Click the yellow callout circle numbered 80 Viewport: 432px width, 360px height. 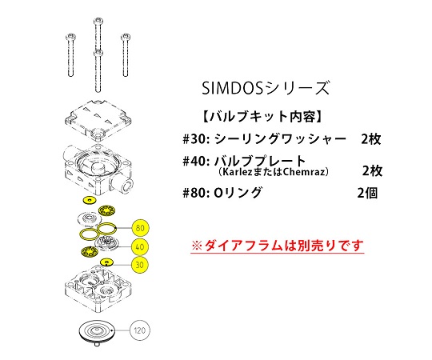point(140,228)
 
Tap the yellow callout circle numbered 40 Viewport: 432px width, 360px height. point(140,246)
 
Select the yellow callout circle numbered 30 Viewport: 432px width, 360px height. point(140,265)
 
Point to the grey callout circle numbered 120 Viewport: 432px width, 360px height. point(140,330)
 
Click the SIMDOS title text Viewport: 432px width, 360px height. point(266,88)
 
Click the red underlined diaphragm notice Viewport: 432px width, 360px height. point(278,246)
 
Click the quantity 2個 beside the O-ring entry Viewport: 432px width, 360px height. point(367,193)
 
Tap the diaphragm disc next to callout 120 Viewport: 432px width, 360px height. point(97,331)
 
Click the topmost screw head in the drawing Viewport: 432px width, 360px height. point(98,22)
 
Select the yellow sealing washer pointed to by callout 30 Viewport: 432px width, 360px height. point(106,262)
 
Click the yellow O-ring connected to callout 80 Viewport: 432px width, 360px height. point(107,228)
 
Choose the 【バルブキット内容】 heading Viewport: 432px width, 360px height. point(262,117)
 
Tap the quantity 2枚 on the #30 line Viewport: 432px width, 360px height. point(371,139)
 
